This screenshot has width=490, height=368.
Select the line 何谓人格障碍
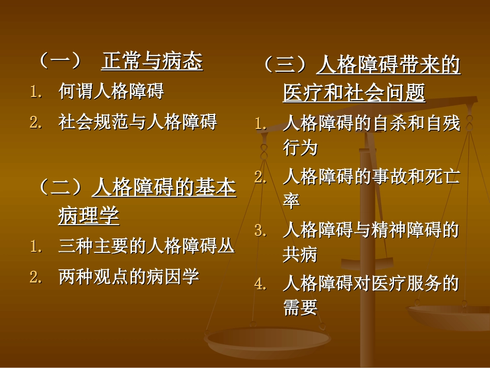pos(111,92)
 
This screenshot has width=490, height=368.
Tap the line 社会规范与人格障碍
pos(138,122)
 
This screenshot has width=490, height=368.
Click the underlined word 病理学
pos(89,216)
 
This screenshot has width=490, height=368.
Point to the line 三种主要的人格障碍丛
pos(146,246)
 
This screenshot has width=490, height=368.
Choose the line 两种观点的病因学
pos(129,277)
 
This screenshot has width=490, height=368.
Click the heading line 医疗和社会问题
pos(354,93)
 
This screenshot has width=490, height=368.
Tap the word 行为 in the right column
pos(300,148)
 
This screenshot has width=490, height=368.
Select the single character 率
pos(291,201)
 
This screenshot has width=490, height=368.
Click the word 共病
pos(300,254)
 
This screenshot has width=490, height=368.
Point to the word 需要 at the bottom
pos(300,308)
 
